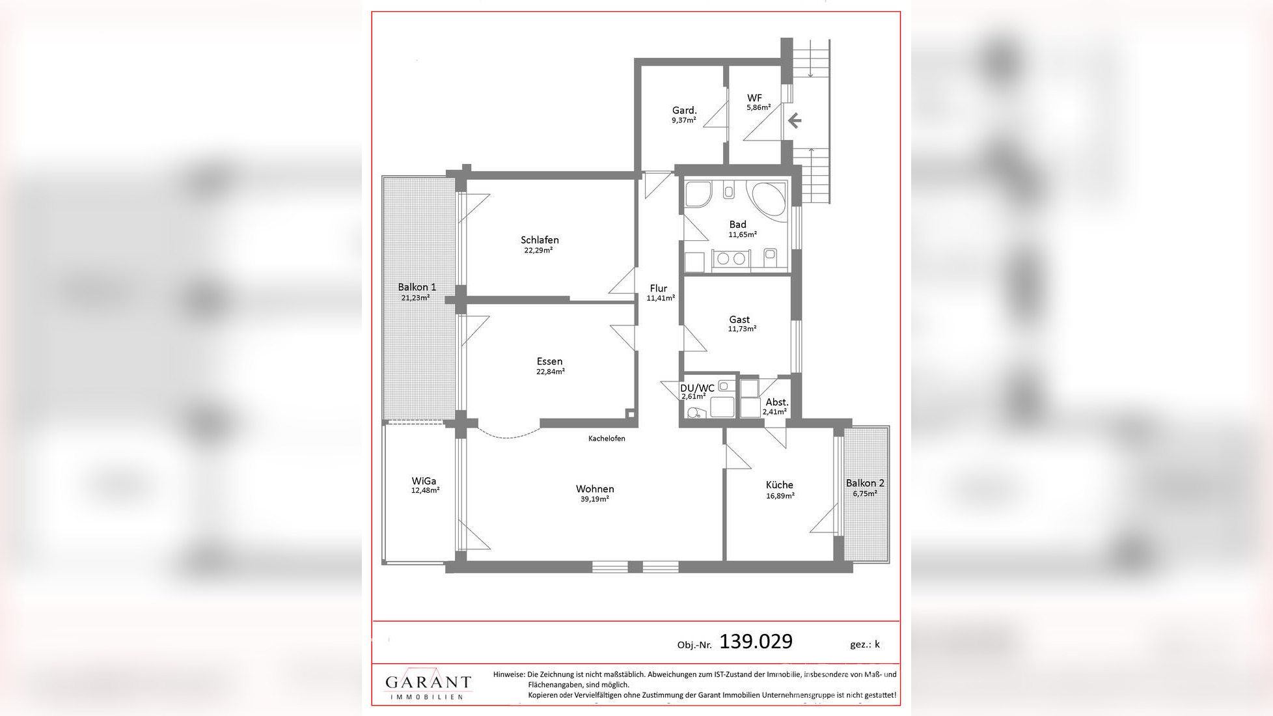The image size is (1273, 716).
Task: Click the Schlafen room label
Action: pyautogui.click(x=540, y=240)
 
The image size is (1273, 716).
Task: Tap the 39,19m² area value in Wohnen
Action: pyautogui.click(x=595, y=499)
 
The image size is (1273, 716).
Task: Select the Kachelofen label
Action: pyautogui.click(x=607, y=439)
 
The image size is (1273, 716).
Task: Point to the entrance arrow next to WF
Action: pyautogui.click(x=794, y=120)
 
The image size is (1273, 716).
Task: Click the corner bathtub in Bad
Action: pyautogui.click(x=769, y=195)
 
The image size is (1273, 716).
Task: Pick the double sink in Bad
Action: pyautogui.click(x=731, y=258)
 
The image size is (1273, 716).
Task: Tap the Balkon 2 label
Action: pyautogui.click(x=865, y=483)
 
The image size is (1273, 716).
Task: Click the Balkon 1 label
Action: pyautogui.click(x=417, y=287)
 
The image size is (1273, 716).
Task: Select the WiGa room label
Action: pyautogui.click(x=424, y=481)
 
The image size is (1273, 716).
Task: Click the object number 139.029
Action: pyautogui.click(x=756, y=642)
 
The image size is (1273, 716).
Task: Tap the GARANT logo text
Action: pyautogui.click(x=428, y=682)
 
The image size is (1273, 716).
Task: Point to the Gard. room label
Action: pyautogui.click(x=685, y=111)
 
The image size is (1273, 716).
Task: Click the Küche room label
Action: pyautogui.click(x=780, y=485)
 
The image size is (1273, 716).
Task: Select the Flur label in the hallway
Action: pyautogui.click(x=659, y=288)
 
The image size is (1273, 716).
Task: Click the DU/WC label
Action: pyautogui.click(x=697, y=388)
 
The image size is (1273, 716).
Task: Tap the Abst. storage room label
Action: pyautogui.click(x=777, y=402)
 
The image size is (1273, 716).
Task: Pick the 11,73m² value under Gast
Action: pyautogui.click(x=742, y=329)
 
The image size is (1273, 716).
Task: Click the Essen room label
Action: pyautogui.click(x=550, y=362)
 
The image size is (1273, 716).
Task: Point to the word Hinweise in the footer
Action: pyautogui.click(x=509, y=675)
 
